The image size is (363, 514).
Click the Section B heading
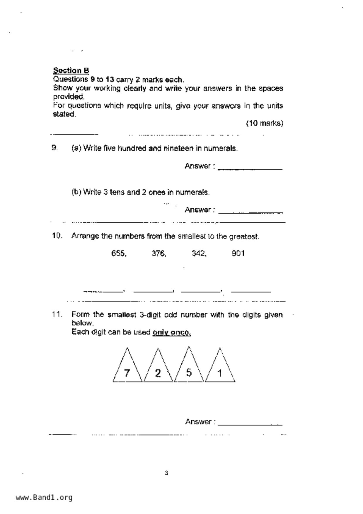pyautogui.click(x=71, y=71)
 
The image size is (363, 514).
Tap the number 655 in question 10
pyautogui.click(x=118, y=253)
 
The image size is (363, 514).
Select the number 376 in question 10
pyautogui.click(x=159, y=253)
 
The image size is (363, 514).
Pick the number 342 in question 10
pyautogui.click(x=199, y=253)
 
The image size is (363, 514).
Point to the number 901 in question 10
pyautogui.click(x=238, y=253)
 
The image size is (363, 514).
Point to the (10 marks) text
pyautogui.click(x=265, y=123)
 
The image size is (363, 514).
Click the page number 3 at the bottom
pyautogui.click(x=166, y=473)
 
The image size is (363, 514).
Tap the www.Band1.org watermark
pyautogui.click(x=44, y=497)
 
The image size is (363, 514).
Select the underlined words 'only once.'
pyautogui.click(x=172, y=332)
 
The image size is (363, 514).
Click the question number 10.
pyautogui.click(x=57, y=236)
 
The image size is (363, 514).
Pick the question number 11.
pyautogui.click(x=57, y=314)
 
